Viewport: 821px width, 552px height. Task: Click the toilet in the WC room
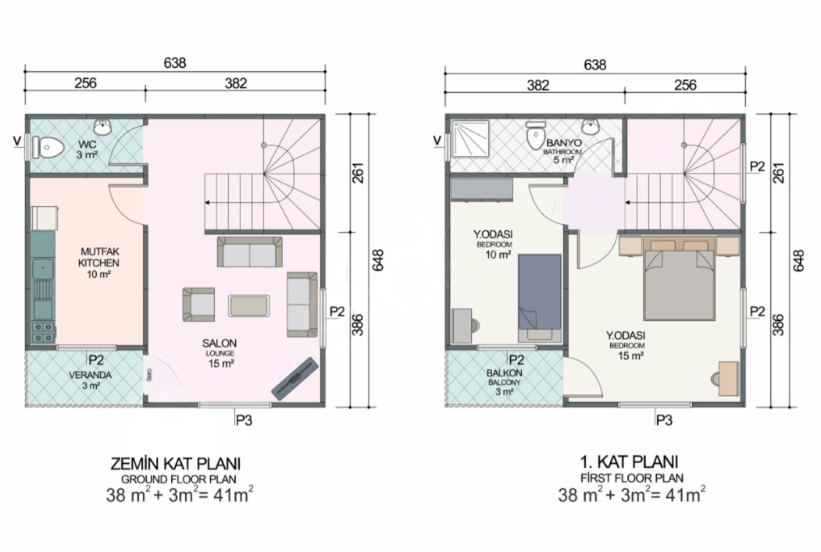pyautogui.click(x=47, y=148)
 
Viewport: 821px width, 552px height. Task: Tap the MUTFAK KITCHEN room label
pyautogui.click(x=98, y=263)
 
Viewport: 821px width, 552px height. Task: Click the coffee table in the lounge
pyautogui.click(x=249, y=305)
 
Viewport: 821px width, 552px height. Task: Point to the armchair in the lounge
pyautogui.click(x=199, y=304)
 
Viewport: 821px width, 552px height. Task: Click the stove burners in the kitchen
pyautogui.click(x=43, y=331)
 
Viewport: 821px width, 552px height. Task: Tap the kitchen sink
pyautogui.click(x=43, y=270)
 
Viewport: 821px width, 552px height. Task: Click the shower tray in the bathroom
pyautogui.click(x=470, y=140)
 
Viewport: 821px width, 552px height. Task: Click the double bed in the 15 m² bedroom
pyautogui.click(x=680, y=279)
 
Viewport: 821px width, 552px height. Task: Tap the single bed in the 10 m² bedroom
pyautogui.click(x=540, y=299)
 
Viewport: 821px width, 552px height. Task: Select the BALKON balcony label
pyautogui.click(x=504, y=382)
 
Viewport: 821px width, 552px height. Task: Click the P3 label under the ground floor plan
pyautogui.click(x=244, y=419)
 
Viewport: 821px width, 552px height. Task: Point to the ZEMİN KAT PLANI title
pyautogui.click(x=176, y=464)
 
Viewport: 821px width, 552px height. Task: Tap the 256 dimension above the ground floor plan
pyautogui.click(x=85, y=83)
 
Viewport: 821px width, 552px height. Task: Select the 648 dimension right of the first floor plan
pyautogui.click(x=798, y=260)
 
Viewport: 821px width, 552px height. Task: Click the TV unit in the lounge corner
pyautogui.click(x=295, y=379)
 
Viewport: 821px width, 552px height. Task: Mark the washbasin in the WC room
pyautogui.click(x=102, y=126)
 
